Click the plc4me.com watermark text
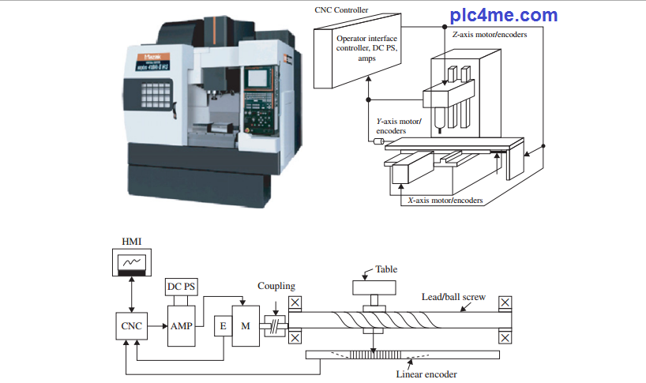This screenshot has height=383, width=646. [x=504, y=15]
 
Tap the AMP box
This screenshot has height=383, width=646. [x=181, y=325]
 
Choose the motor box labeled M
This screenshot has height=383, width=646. [x=245, y=325]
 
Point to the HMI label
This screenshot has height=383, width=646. [x=130, y=240]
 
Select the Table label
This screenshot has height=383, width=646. [x=386, y=269]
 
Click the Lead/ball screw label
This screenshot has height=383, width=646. [x=453, y=298]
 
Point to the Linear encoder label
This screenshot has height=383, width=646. [x=426, y=374]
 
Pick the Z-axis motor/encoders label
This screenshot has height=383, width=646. [x=490, y=35]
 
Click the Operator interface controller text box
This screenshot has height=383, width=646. [x=367, y=48]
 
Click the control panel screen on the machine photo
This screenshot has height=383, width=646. [x=257, y=79]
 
